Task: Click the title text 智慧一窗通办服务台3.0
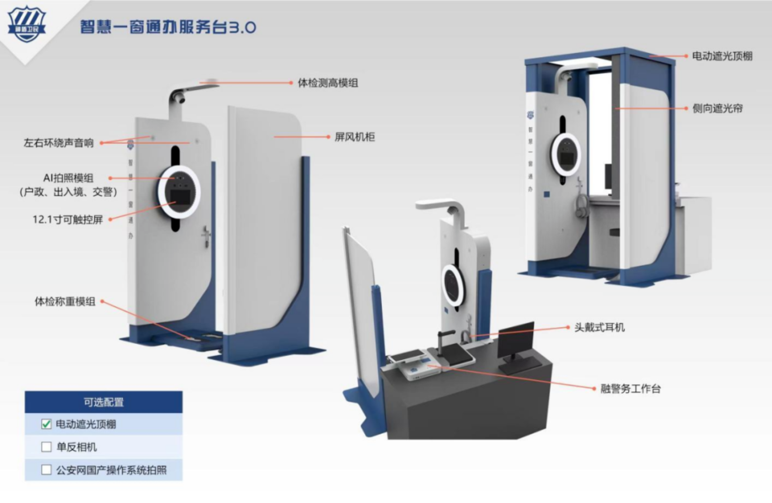click(x=168, y=27)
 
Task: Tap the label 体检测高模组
click(x=328, y=83)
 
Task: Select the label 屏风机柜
click(x=355, y=137)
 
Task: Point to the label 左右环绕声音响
click(x=58, y=143)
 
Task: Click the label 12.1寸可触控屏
click(x=68, y=219)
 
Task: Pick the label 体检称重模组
click(x=65, y=301)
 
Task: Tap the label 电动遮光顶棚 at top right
click(x=722, y=56)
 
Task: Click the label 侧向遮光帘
click(x=717, y=108)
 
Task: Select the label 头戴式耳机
click(x=600, y=327)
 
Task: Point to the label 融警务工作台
click(x=630, y=388)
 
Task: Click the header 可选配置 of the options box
click(x=103, y=402)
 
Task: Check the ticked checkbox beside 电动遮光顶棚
click(x=47, y=424)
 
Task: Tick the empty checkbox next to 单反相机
click(x=47, y=447)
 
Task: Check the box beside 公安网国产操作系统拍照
click(x=47, y=470)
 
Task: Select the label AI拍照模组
click(x=68, y=178)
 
